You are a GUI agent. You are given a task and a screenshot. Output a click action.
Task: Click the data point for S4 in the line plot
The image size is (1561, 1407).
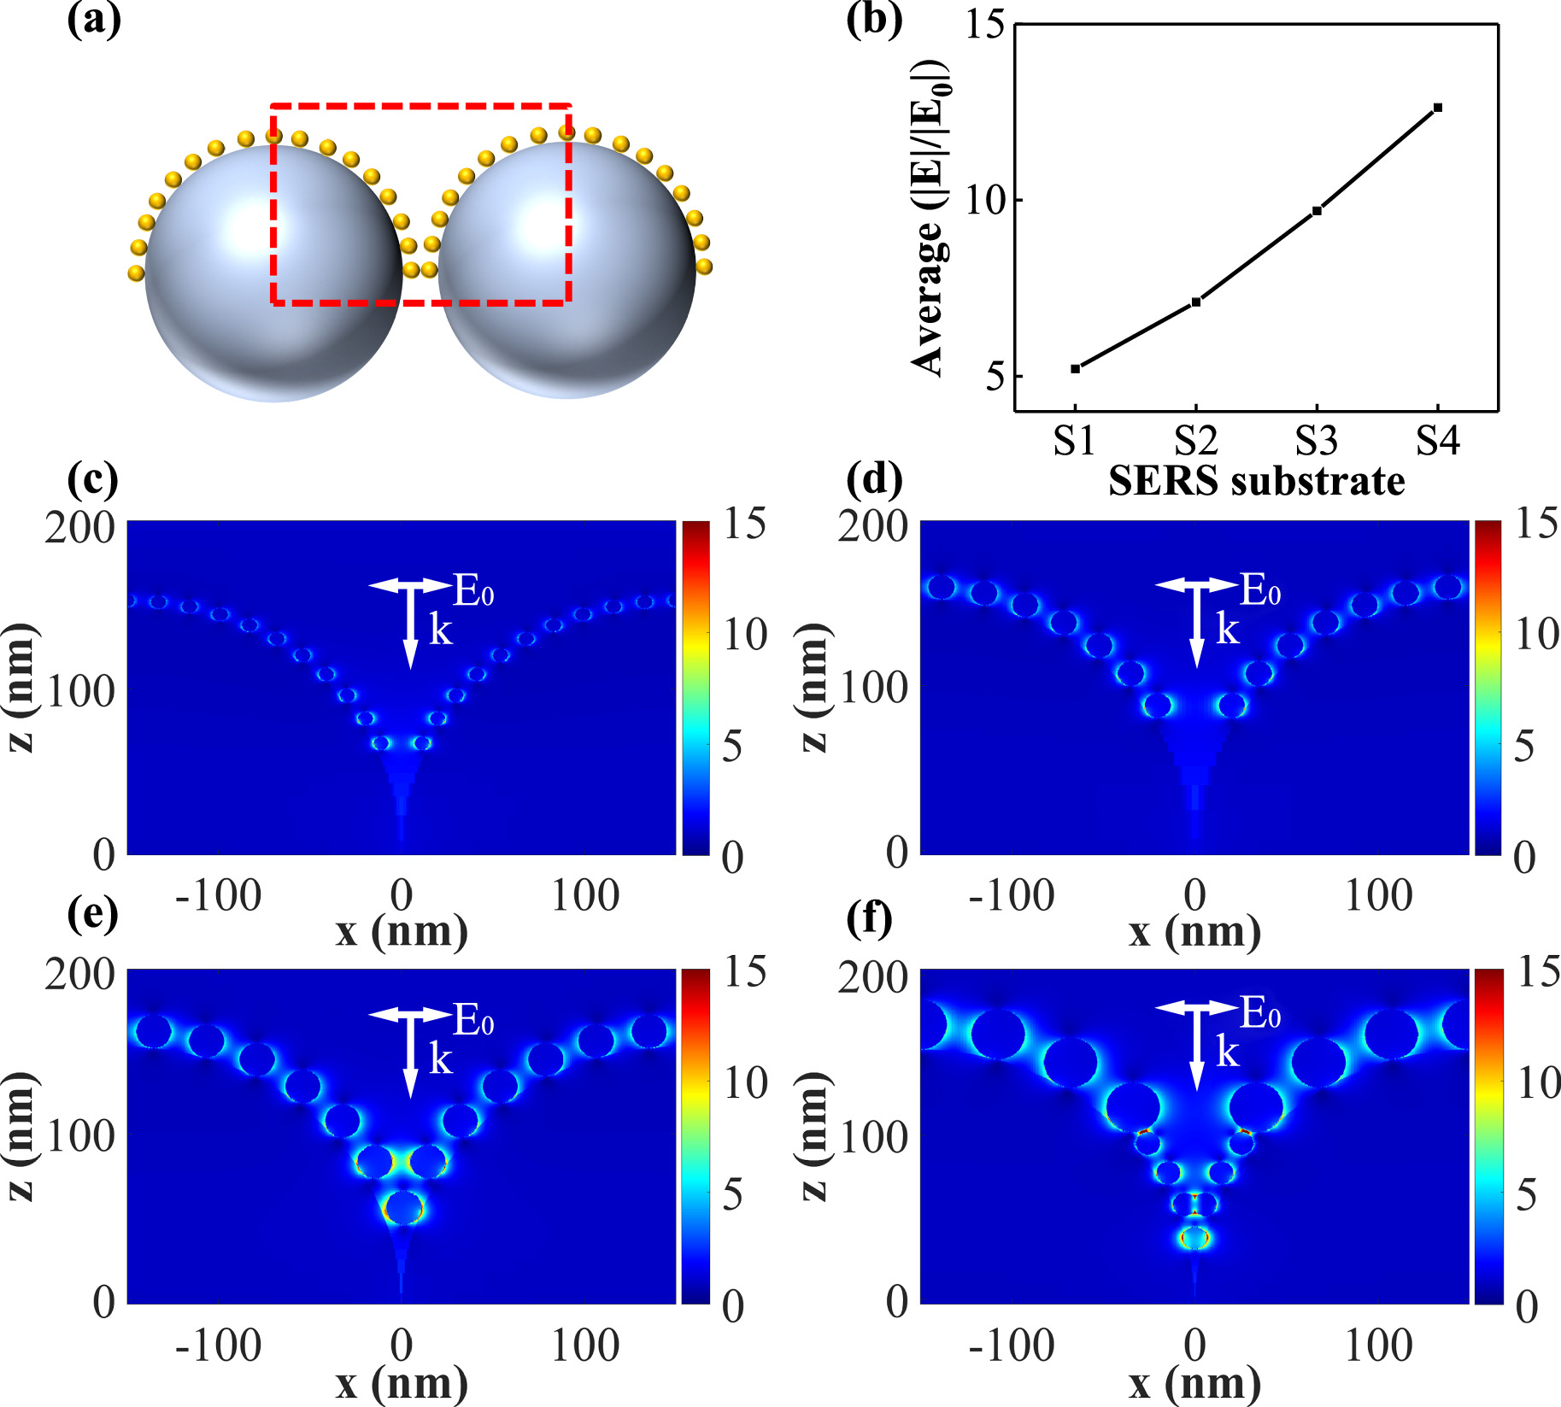click(1438, 108)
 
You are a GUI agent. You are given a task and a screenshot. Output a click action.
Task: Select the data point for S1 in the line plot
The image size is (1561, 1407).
click(1075, 368)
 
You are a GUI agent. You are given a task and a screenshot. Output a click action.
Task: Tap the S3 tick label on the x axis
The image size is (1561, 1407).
click(1316, 442)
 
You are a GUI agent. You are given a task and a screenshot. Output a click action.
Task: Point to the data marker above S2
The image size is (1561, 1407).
click(1196, 302)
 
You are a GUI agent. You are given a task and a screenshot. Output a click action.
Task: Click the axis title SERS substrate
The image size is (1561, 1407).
click(1256, 481)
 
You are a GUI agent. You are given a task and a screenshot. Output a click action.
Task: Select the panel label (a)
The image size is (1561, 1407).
click(94, 19)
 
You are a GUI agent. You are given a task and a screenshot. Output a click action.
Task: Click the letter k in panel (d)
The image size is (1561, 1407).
click(1227, 630)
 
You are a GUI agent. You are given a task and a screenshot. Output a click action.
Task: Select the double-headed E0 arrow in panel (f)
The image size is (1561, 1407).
click(1196, 1010)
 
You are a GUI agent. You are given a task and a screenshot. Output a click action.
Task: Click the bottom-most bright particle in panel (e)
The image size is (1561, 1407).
click(404, 1208)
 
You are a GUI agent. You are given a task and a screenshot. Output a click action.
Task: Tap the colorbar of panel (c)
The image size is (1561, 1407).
click(695, 687)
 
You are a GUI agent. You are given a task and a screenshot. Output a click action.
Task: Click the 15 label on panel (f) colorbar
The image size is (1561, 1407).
click(1538, 972)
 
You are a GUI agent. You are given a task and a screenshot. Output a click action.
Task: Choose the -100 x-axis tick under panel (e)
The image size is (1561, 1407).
click(218, 1345)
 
